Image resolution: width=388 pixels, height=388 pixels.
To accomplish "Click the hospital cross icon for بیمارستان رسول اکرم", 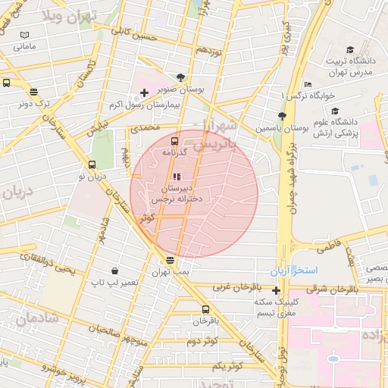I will click(x=145, y=92).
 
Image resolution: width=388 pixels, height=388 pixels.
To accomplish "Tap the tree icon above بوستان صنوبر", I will click(x=180, y=77).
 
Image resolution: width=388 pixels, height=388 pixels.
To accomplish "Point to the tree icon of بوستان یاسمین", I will click(x=282, y=116).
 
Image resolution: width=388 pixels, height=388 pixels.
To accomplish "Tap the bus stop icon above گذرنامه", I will click(x=175, y=140).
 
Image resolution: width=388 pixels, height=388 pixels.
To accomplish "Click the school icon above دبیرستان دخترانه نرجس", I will click(x=177, y=177).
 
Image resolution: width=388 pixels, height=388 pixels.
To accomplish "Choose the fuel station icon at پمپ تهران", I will click(x=169, y=260).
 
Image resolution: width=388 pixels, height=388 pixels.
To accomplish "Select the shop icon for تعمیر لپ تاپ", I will click(x=114, y=271).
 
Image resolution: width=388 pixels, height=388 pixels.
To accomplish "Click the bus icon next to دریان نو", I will click(x=92, y=164).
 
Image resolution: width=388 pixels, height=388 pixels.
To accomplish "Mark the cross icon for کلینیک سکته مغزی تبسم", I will click(x=276, y=290).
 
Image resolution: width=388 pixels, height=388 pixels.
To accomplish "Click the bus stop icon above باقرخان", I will click(x=205, y=309).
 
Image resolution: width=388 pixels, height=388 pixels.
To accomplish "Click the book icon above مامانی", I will click(x=25, y=35).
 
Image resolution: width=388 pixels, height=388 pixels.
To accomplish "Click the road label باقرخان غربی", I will click(x=234, y=288).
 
